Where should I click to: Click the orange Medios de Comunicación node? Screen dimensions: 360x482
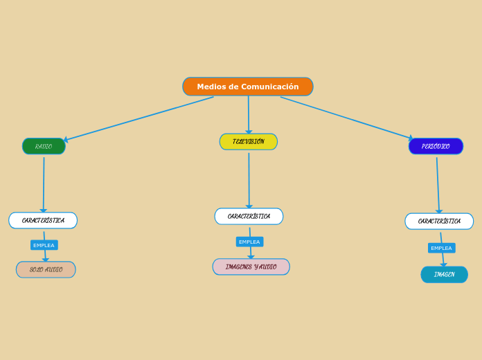coord(247,87)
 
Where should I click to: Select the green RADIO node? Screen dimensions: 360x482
coord(44,146)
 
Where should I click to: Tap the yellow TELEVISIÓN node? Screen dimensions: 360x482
coord(248,142)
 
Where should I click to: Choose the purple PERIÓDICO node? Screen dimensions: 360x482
coord(436,146)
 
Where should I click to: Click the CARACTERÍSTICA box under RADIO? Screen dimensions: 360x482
coord(43,220)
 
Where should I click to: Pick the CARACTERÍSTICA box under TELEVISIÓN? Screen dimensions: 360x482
coord(249,216)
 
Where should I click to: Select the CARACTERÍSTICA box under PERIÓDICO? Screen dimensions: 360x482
coord(439,221)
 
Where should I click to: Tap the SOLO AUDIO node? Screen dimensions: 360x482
coord(46,269)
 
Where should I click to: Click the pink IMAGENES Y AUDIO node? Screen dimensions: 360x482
coord(251,267)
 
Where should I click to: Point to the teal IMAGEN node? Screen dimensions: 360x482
coord(444,275)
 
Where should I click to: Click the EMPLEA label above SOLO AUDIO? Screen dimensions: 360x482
coord(44,245)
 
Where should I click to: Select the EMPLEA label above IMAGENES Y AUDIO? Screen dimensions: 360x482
coord(249,242)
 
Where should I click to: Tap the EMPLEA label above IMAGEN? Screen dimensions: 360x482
coord(441,248)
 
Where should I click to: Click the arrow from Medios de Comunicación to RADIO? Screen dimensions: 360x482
coord(139,119)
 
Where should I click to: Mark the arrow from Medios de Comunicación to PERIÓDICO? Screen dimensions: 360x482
coord(346,118)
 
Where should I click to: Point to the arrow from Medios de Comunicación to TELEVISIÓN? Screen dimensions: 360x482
coord(249,114)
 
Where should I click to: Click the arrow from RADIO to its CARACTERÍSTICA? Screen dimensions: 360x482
coord(44,183)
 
